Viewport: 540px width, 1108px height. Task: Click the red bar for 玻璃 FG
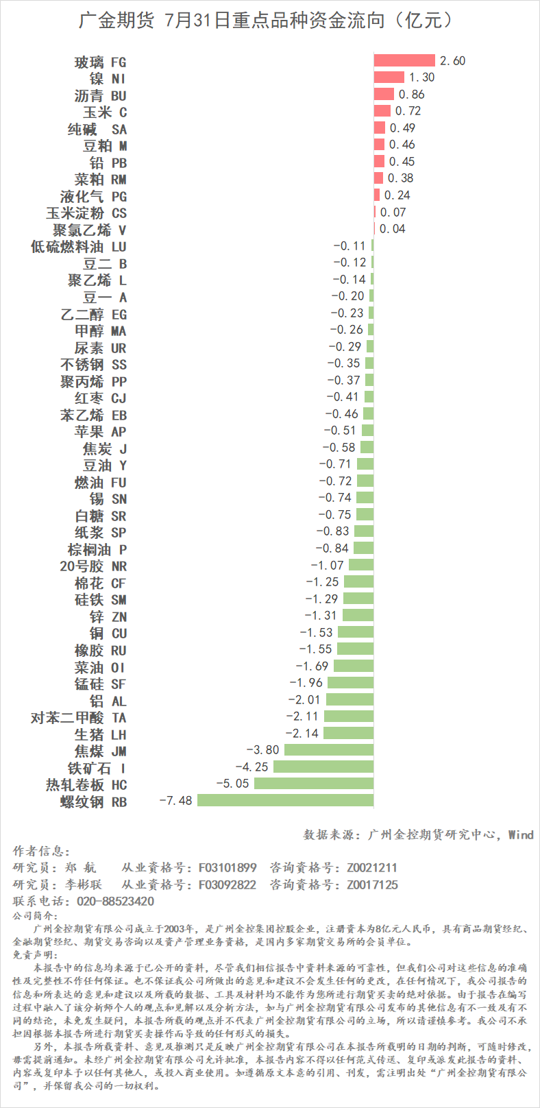coord(404,61)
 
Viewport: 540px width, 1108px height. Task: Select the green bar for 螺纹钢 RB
coord(285,800)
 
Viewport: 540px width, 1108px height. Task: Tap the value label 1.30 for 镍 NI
coord(421,77)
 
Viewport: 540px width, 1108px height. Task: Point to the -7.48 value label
coord(175,800)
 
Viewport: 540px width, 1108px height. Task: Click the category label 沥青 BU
coord(100,95)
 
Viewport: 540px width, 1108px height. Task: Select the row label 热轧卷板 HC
coord(86,784)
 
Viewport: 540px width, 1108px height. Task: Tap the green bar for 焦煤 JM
coord(329,750)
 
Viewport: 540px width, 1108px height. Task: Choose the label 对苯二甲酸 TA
coord(79,717)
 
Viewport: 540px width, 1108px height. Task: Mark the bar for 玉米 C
coord(382,111)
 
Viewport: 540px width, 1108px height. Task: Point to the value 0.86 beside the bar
coord(411,95)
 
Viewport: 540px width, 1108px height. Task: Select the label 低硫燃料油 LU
coord(79,246)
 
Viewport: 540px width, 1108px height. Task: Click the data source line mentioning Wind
coord(418,834)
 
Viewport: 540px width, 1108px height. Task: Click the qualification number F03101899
coord(228,867)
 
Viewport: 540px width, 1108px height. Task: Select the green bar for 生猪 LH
coord(348,733)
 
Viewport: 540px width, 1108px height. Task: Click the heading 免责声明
coord(36,954)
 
